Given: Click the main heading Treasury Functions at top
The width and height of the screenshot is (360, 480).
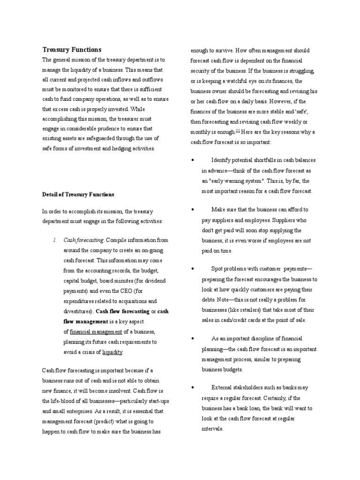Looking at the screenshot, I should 72,50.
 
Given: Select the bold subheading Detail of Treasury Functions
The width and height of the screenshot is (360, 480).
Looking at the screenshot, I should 78,194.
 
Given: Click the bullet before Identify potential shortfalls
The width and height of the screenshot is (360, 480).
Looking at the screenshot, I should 193,160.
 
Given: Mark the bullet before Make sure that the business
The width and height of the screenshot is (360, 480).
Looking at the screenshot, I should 193,210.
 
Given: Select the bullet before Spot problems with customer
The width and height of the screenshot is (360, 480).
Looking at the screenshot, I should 193,269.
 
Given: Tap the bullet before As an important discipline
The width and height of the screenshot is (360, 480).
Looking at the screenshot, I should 193,338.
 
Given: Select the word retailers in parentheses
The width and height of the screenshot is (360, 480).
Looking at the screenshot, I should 239,310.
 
